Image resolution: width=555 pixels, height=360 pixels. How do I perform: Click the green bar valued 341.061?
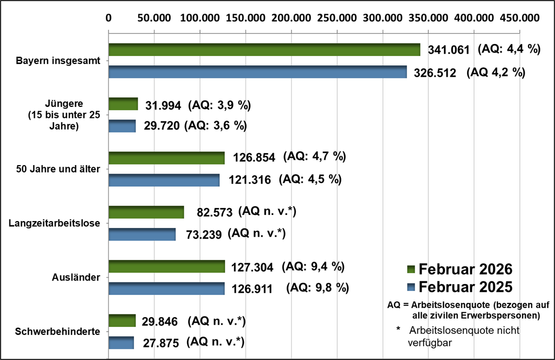click(264, 50)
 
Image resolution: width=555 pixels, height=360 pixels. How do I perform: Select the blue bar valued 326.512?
click(257, 72)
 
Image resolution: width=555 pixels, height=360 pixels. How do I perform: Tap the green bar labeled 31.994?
click(123, 104)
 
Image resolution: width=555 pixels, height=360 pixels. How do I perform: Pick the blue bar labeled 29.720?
click(121, 126)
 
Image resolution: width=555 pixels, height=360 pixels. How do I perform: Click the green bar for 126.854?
click(166, 158)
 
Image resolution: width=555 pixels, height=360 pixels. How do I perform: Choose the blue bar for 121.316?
click(163, 180)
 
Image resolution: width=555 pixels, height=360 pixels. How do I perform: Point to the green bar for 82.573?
click(146, 212)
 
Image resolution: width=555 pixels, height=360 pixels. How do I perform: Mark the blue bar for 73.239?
click(141, 234)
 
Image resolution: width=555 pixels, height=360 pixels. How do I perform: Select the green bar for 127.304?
click(166, 266)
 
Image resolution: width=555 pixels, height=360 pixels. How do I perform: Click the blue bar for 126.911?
click(166, 289)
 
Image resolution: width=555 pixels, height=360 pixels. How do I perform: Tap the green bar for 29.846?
click(121, 321)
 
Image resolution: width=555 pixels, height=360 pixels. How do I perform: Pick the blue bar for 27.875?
click(121, 343)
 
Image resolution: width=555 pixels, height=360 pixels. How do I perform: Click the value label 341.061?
click(449, 50)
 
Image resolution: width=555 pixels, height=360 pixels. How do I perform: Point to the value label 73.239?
click(204, 235)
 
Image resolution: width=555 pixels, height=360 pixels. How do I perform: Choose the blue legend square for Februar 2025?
click(410, 287)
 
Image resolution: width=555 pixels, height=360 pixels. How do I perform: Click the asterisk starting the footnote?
click(398, 330)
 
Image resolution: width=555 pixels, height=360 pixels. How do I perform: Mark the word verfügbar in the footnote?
click(429, 343)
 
